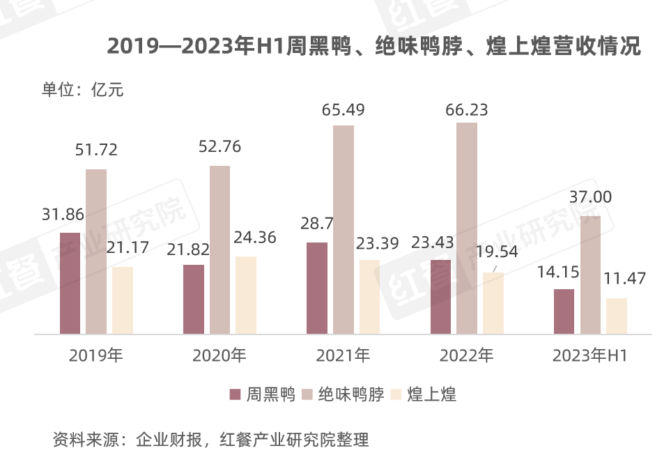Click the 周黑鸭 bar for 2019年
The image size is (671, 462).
[70, 283]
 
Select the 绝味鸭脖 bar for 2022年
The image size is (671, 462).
[467, 228]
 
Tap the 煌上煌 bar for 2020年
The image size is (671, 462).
[246, 295]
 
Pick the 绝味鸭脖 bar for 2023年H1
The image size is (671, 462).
[590, 275]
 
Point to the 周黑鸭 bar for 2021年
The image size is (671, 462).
[317, 288]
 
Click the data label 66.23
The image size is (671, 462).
[467, 110]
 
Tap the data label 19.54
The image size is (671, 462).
[497, 252]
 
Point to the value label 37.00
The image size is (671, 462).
[590, 198]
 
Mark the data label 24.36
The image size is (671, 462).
[255, 238]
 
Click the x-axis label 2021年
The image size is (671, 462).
[343, 355]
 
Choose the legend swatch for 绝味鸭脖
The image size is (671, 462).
[307, 395]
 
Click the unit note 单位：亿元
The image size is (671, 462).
[83, 89]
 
